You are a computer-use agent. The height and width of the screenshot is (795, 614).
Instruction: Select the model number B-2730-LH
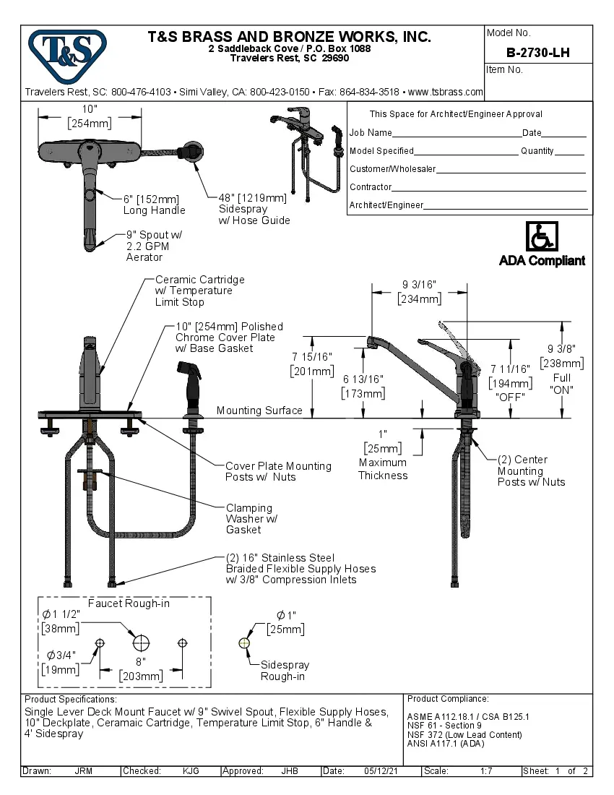coord(537,53)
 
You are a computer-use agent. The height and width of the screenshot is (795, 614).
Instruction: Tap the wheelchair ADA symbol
coord(541,236)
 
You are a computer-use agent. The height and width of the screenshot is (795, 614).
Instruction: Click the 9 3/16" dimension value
coord(419,284)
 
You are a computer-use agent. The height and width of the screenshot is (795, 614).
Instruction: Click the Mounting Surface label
coord(259,411)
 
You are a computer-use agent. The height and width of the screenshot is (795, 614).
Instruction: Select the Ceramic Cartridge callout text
coord(199,291)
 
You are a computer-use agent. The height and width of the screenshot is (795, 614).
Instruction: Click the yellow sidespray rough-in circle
coord(244,643)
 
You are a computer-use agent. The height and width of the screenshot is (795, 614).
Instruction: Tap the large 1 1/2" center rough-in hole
coord(141,643)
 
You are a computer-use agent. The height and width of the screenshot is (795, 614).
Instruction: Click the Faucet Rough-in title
coord(129,603)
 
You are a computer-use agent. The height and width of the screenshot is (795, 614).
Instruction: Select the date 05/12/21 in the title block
coord(381,771)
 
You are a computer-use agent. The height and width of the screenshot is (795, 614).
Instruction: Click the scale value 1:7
coord(486,771)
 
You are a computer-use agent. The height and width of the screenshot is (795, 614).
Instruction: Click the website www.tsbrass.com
coord(445,92)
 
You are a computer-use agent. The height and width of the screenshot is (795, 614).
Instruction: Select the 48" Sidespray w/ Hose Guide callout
coord(254,209)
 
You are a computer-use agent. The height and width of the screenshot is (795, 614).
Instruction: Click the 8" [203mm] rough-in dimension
coord(141,669)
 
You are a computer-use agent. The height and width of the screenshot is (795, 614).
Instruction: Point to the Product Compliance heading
coord(448,699)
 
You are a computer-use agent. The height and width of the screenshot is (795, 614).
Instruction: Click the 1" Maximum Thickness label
coord(383,455)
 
